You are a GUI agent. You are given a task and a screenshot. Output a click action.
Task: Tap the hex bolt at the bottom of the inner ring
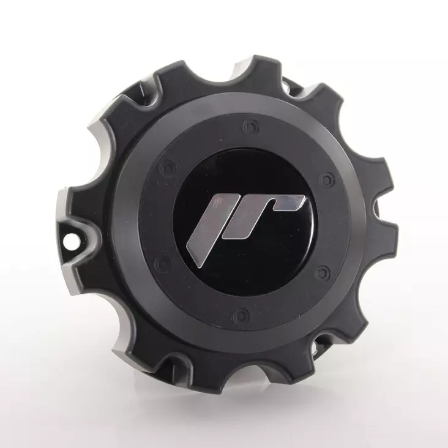[x=241, y=316]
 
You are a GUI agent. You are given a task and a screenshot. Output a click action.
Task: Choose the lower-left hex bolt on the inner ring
[x=162, y=265]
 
